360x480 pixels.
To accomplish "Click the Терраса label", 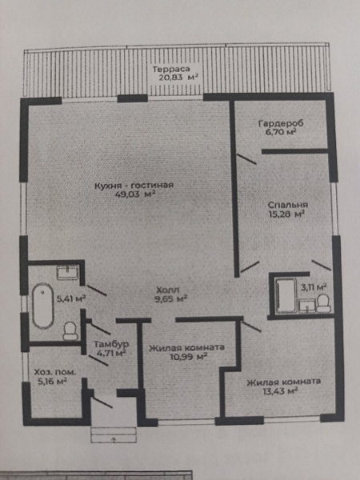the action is [x=171, y=69].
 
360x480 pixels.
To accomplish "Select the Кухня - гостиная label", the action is [x=134, y=186].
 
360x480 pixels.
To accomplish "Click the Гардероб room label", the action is [x=281, y=124].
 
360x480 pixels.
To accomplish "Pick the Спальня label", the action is [x=288, y=205].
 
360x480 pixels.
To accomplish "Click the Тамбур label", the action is [x=111, y=344].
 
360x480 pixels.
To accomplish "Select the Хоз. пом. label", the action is [x=55, y=373].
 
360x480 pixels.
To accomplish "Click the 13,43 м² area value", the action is [x=281, y=391].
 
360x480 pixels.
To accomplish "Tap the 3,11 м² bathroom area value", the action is [x=313, y=287].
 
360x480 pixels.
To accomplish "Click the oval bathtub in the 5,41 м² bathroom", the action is [x=43, y=306].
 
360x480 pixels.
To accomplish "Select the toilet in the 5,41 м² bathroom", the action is [x=70, y=330].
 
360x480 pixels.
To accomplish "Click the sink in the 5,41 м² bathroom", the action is [x=68, y=272].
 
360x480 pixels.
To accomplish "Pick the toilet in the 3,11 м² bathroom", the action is [x=323, y=303].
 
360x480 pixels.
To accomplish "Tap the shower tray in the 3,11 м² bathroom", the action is [x=286, y=295].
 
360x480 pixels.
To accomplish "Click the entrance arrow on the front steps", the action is [x=114, y=439].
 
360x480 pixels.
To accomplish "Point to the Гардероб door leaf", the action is [x=246, y=159].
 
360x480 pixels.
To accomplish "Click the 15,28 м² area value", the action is [x=286, y=214].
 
